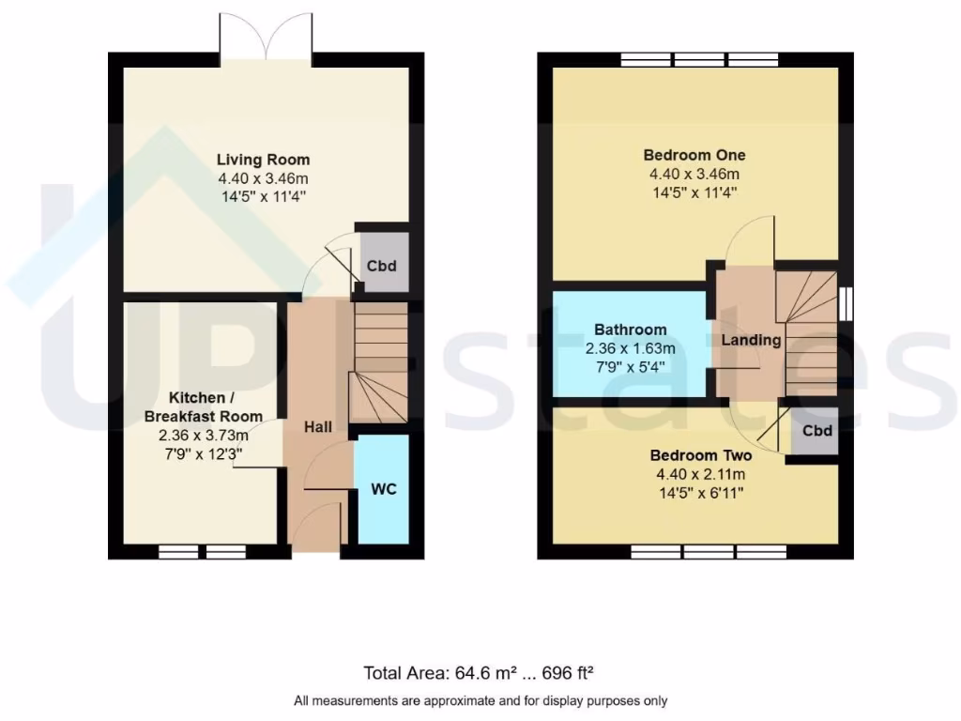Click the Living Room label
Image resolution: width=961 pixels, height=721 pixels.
click(x=264, y=160)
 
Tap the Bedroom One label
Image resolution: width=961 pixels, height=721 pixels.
click(x=694, y=155)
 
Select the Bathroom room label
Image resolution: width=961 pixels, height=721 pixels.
click(x=631, y=330)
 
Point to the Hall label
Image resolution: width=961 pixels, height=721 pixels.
click(x=317, y=427)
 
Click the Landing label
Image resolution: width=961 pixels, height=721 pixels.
click(x=751, y=340)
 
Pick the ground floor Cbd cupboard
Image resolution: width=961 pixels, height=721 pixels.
click(x=381, y=266)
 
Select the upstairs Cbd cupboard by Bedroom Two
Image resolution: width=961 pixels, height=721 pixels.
click(x=817, y=432)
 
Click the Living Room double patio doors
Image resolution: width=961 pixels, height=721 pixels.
click(x=267, y=38)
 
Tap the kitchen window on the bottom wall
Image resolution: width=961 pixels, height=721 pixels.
click(x=202, y=552)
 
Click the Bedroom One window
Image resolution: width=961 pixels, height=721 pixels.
click(x=699, y=59)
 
